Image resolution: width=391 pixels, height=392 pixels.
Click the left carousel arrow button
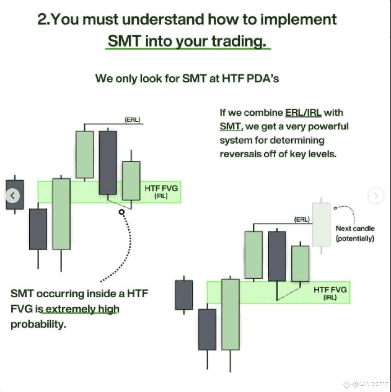[13, 196]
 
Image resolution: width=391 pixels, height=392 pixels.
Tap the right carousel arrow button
[376, 196]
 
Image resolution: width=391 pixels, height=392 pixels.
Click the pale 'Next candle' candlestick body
[321, 224]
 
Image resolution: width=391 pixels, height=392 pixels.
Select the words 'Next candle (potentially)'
[355, 233]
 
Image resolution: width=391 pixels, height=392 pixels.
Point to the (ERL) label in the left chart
[132, 120]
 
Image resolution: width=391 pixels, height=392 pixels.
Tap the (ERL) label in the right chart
[302, 219]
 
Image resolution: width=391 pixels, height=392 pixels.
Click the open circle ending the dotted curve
[122, 212]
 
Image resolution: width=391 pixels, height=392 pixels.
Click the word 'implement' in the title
[298, 19]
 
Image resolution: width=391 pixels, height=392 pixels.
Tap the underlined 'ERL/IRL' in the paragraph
[303, 112]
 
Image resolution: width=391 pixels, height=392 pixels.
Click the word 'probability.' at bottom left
[38, 324]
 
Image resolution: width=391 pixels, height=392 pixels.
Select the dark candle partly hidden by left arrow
[15, 194]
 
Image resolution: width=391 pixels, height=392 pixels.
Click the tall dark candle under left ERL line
[108, 162]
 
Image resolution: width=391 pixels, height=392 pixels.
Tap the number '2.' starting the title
[43, 19]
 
